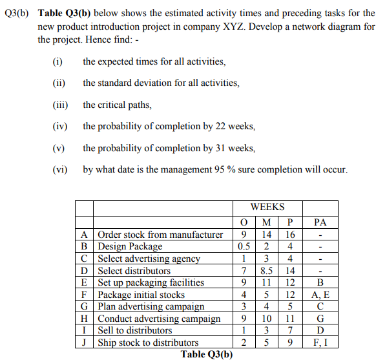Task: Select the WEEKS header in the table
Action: pyautogui.click(x=267, y=207)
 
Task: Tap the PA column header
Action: pyautogui.click(x=320, y=222)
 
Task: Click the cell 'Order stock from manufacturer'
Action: pyautogui.click(x=160, y=235)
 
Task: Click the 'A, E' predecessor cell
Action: pyautogui.click(x=320, y=295)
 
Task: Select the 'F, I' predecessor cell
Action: pyautogui.click(x=320, y=343)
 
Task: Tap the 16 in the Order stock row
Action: pyautogui.click(x=291, y=235)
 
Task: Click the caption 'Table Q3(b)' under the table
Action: pyautogui.click(x=207, y=354)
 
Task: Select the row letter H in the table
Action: pyautogui.click(x=85, y=319)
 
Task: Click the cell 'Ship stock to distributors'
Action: pyautogui.click(x=148, y=343)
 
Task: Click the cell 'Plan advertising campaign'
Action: pyautogui.click(x=151, y=306)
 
